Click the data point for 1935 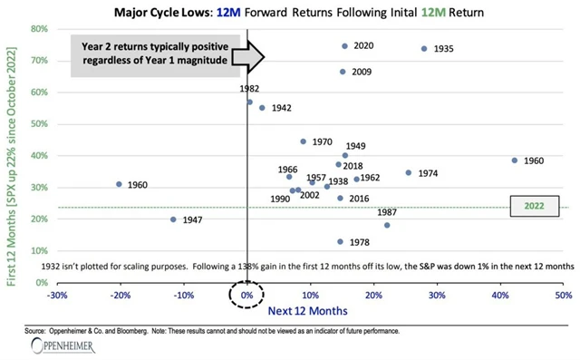click(x=424, y=49)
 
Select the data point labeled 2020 click(x=345, y=46)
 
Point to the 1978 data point click(x=341, y=242)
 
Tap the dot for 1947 click(x=174, y=219)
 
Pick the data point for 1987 click(x=387, y=226)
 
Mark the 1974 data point click(x=409, y=172)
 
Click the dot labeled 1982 click(x=250, y=102)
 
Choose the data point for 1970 click(x=304, y=141)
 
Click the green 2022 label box click(x=536, y=207)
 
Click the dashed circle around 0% click(x=246, y=297)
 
